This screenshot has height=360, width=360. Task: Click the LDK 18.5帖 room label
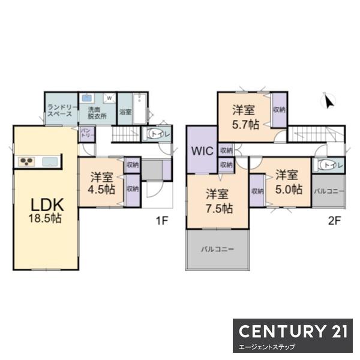click(x=46, y=211)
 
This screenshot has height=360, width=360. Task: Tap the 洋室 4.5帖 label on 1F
click(x=101, y=183)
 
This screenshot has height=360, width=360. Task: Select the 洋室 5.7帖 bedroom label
click(x=245, y=117)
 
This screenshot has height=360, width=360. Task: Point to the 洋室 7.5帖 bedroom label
click(x=218, y=201)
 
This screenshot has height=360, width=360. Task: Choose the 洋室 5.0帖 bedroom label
click(x=288, y=182)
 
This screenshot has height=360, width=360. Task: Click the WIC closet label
click(x=202, y=151)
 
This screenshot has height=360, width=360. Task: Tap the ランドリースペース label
click(x=61, y=110)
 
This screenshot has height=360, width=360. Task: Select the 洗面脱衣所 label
click(x=97, y=113)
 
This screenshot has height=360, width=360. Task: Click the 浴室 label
click(x=125, y=112)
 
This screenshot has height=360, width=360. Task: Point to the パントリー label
click(x=87, y=133)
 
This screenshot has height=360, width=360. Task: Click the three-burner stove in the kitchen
click(x=26, y=161)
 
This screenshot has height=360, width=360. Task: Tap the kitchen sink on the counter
click(x=50, y=161)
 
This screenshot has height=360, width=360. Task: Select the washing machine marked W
click(x=110, y=98)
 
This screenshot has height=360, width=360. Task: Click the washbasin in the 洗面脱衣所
click(x=87, y=98)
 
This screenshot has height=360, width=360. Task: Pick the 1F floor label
click(x=162, y=221)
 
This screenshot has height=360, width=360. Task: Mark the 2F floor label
click(x=334, y=221)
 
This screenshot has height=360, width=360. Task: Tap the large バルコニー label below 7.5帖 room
click(x=218, y=249)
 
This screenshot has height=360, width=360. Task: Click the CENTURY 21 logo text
click(x=293, y=331)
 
